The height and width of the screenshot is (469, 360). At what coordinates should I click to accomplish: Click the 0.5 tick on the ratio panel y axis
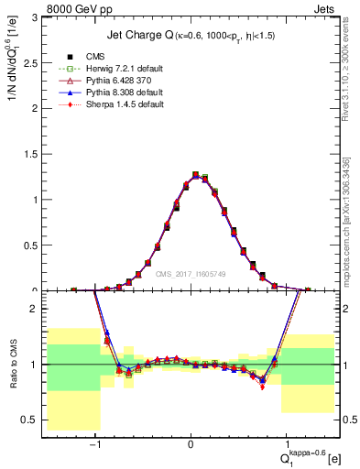point(33,420)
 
